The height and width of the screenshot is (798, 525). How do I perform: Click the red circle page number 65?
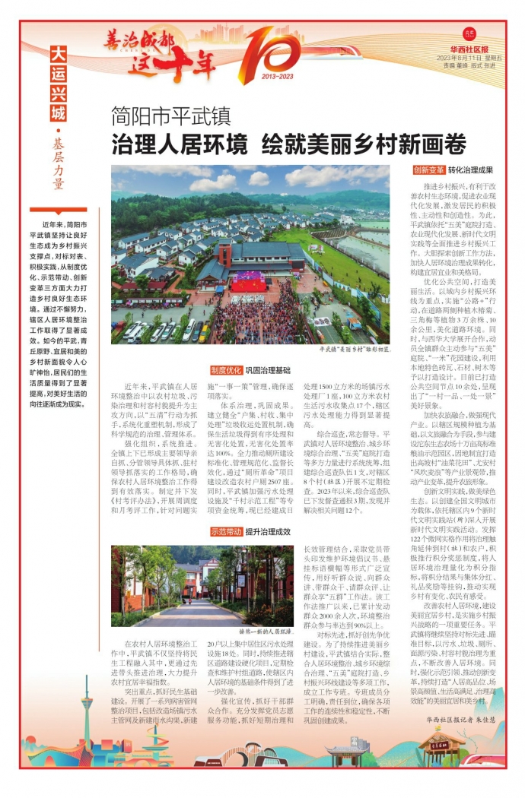pyautogui.click(x=469, y=33)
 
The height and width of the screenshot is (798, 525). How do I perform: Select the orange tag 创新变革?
pyautogui.click(x=429, y=170)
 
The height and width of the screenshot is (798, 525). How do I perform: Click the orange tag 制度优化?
pyautogui.click(x=226, y=370)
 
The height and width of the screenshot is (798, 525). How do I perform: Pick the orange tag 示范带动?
pyautogui.click(x=226, y=531)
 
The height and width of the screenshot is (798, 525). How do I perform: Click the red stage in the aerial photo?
pyautogui.click(x=248, y=283)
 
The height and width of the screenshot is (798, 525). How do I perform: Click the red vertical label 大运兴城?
pyautogui.click(x=59, y=84)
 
